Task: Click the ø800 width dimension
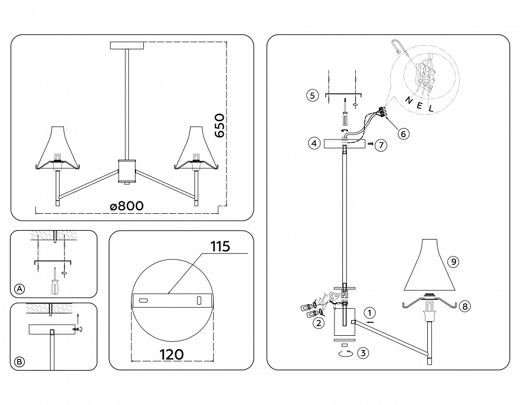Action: [x=126, y=206]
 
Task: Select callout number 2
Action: [x=318, y=322]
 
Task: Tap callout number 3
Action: [x=364, y=353]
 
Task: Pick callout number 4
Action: [x=315, y=143]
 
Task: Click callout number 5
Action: [x=313, y=96]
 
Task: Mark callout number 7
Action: [x=381, y=145]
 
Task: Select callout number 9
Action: [x=454, y=262]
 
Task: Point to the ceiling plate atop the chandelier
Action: [x=128, y=45]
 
